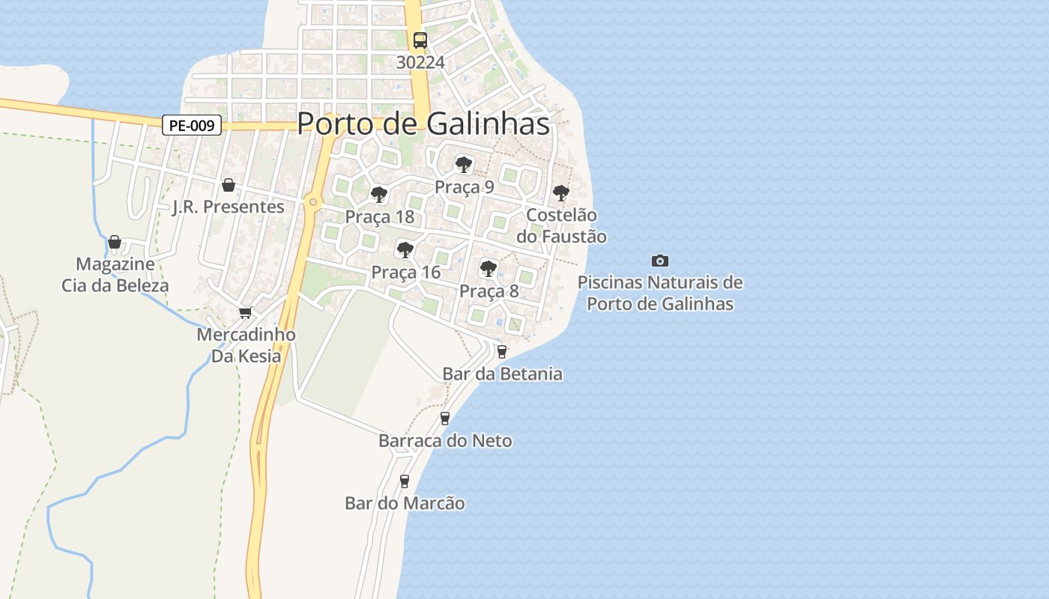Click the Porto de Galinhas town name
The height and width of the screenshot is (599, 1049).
(423, 124)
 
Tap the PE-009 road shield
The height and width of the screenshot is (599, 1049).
(192, 126)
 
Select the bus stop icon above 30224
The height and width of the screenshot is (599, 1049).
(420, 40)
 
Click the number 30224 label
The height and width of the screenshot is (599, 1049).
(420, 63)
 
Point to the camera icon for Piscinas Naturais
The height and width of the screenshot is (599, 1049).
(659, 261)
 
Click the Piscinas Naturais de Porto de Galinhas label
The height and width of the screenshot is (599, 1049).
(659, 293)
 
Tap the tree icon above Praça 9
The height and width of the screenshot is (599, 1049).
(463, 165)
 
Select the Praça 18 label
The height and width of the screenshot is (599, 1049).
(379, 217)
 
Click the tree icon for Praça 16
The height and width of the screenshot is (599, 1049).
(405, 249)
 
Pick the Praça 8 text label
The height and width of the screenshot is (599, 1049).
(489, 291)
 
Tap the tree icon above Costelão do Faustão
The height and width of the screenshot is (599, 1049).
(560, 193)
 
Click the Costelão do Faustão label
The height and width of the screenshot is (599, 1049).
(562, 225)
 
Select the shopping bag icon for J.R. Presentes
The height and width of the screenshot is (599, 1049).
(229, 185)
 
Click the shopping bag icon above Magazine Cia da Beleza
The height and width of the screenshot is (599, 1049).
(115, 242)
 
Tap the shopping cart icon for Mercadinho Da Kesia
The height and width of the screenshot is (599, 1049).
(245, 312)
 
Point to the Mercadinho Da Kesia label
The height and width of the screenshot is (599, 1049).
(246, 345)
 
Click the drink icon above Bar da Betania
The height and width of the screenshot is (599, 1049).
(502, 351)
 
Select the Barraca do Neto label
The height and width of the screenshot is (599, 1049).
(445, 440)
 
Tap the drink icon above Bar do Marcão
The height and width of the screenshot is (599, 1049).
(405, 481)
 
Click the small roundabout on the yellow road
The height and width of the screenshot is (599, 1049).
(312, 201)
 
